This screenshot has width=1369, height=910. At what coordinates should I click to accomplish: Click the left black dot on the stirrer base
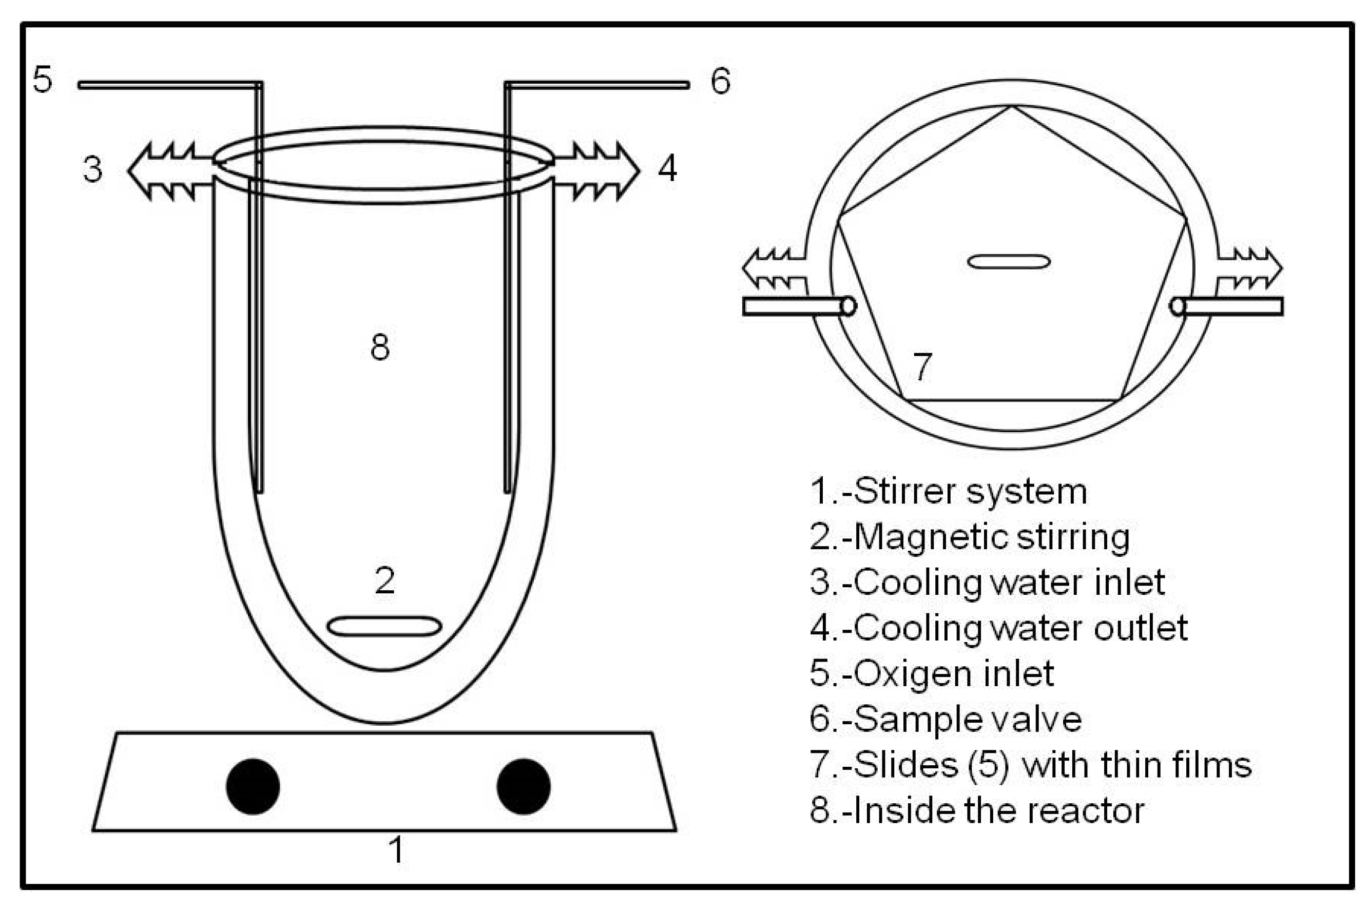253,786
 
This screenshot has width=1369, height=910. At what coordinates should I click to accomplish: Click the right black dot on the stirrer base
523,786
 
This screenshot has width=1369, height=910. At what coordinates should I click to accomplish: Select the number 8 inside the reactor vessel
380,347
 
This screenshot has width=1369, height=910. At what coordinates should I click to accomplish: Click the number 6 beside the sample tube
720,81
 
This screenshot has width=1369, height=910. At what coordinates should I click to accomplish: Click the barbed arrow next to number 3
168,171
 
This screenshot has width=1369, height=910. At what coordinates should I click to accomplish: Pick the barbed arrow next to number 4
597,171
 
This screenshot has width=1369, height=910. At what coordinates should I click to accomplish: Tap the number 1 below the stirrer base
396,851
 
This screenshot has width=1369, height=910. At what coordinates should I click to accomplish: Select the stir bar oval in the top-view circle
1009,262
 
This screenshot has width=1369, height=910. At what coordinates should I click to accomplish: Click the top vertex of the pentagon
1012,107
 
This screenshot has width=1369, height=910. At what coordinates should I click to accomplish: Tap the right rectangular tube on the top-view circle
1230,306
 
